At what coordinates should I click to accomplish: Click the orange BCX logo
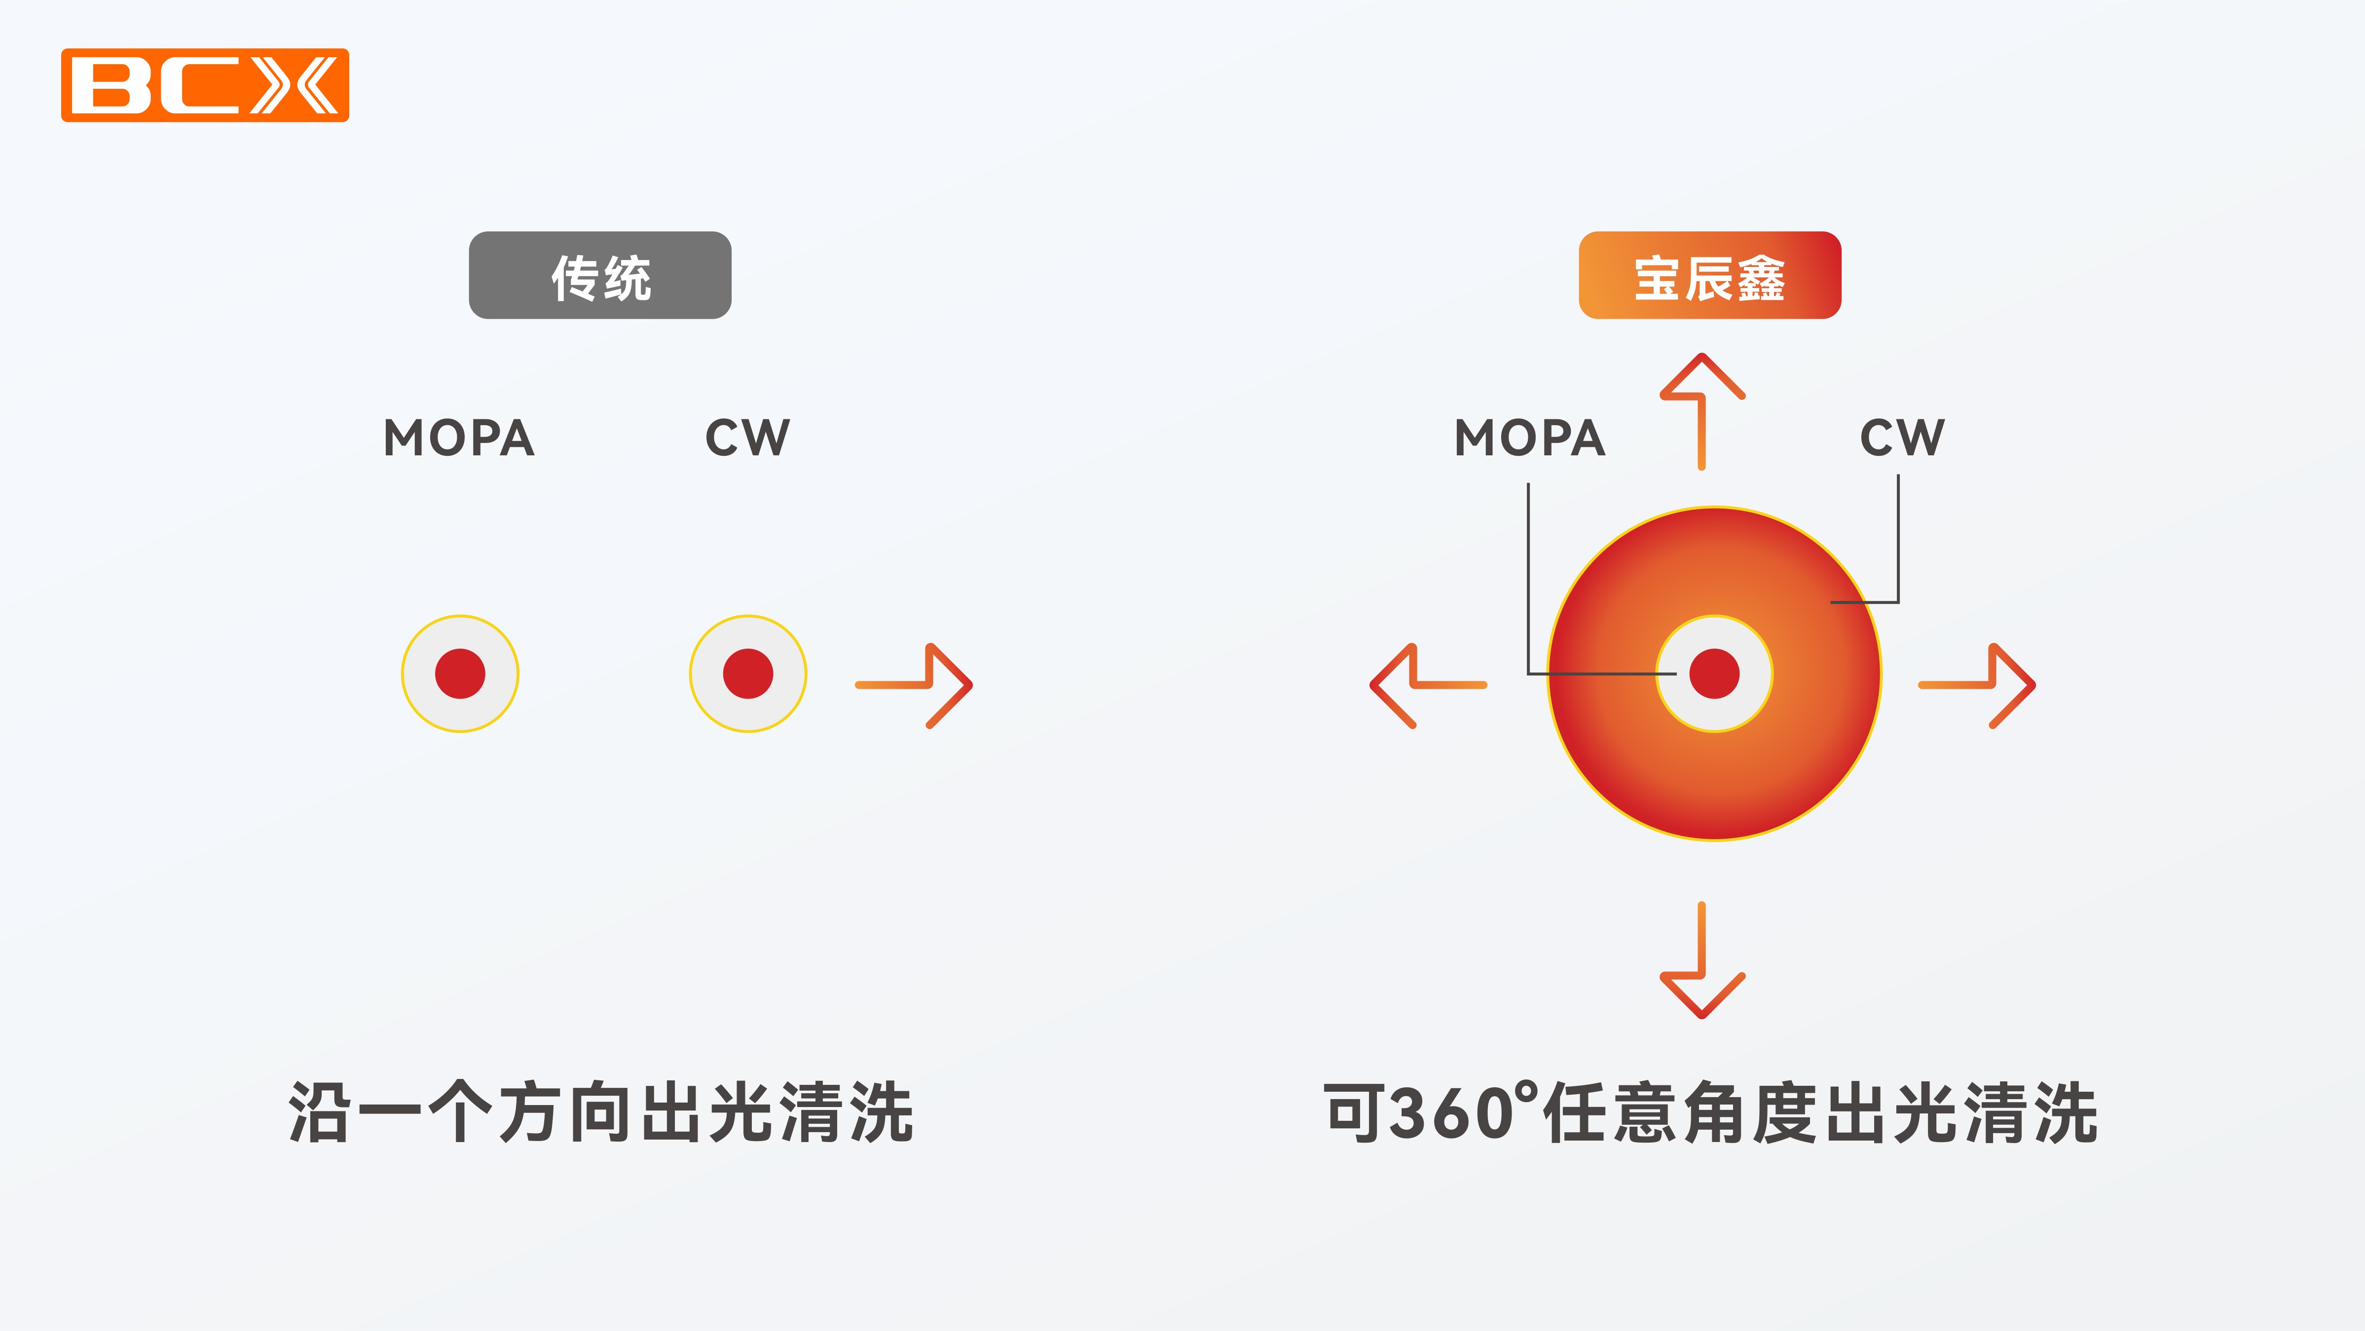click(205, 85)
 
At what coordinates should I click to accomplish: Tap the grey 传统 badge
click(599, 275)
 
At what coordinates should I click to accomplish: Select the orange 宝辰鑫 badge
click(1709, 275)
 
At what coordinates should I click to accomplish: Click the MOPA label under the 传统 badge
click(459, 438)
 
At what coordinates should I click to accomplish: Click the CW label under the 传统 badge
click(747, 438)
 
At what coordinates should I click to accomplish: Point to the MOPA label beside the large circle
click(1529, 438)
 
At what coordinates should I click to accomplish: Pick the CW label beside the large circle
click(1901, 438)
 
